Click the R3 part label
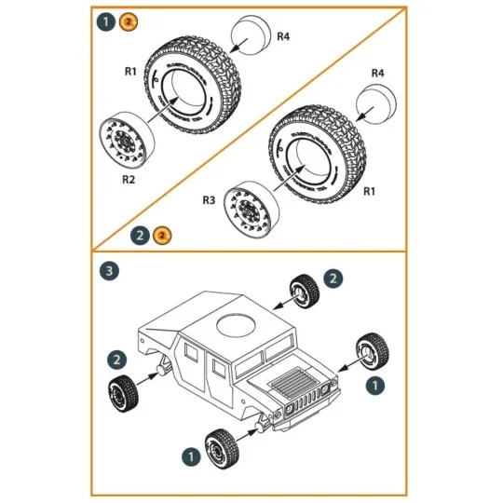tap(210, 200)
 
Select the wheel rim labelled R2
tap(124, 140)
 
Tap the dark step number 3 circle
tap(110, 271)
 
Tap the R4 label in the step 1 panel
tap(284, 36)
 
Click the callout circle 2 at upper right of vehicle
tap(333, 278)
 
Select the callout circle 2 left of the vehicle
tap(116, 359)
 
